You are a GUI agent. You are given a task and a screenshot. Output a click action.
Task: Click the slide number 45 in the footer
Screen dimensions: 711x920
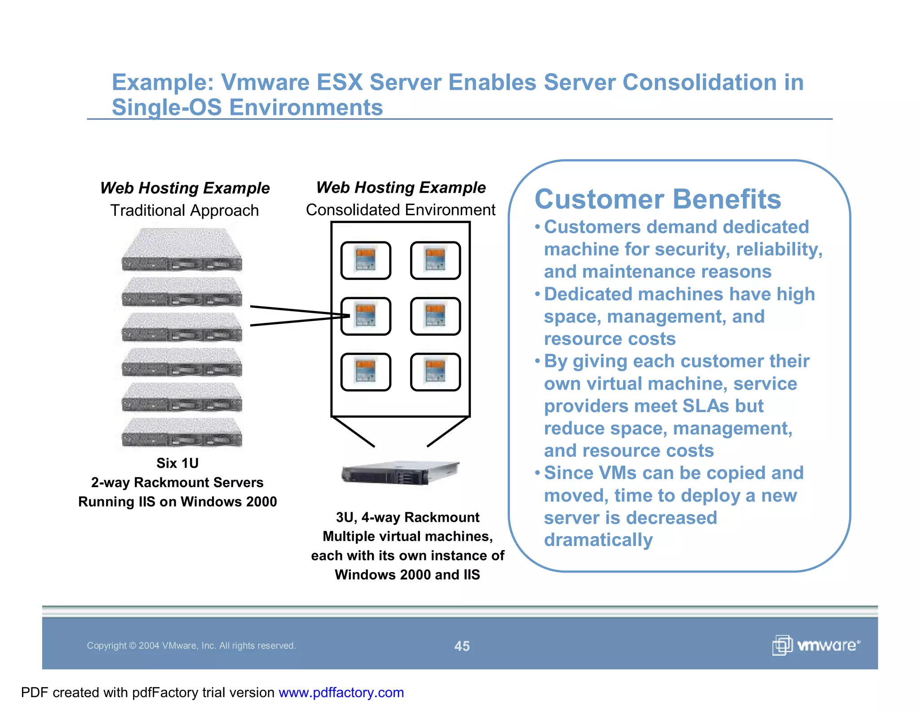462,646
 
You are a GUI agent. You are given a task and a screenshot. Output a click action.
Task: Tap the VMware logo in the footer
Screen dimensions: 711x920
816,645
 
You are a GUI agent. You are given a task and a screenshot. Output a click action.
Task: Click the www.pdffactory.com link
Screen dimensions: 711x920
341,693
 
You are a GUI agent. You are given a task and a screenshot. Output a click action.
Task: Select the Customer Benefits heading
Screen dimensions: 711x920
658,199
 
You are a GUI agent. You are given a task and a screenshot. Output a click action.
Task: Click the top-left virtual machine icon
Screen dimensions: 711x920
366,261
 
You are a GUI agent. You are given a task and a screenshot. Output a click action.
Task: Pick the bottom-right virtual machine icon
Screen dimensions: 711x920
435,372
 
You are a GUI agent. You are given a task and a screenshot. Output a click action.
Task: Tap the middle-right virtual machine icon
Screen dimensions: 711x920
435,316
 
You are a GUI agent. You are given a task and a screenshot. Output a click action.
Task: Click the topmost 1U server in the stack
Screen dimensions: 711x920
182,250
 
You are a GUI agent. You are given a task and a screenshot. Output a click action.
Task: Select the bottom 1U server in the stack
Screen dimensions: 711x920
182,432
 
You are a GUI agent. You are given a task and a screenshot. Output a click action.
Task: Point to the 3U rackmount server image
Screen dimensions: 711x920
399,472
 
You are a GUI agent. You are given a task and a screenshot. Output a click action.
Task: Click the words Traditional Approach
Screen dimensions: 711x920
185,210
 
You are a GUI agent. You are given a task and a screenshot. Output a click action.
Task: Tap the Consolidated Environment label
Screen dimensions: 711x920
400,210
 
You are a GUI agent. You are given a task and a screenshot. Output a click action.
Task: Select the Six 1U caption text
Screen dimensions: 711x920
177,463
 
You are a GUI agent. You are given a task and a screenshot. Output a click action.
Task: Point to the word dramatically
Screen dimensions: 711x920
598,540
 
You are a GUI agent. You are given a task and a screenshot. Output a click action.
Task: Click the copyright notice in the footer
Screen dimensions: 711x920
191,646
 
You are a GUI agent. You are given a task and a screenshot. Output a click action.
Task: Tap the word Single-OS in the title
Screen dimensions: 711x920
167,107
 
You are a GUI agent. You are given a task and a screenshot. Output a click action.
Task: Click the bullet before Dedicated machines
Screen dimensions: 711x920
537,294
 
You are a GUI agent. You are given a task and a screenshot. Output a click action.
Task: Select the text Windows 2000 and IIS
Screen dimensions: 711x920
407,575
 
